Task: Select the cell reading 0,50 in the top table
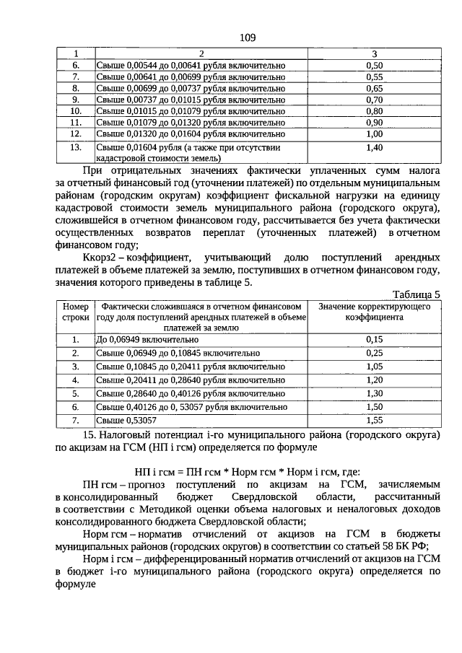click(374, 65)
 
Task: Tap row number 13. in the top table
click(75, 147)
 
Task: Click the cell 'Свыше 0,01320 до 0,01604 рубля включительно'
click(191, 133)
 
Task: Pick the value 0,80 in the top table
click(374, 111)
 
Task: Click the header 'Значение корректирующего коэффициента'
click(374, 312)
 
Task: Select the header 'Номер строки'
click(75, 312)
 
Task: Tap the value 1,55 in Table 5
click(374, 419)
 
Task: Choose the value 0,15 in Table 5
click(374, 339)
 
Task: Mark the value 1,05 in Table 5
click(374, 366)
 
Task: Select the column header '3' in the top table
click(374, 53)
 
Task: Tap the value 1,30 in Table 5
click(374, 393)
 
